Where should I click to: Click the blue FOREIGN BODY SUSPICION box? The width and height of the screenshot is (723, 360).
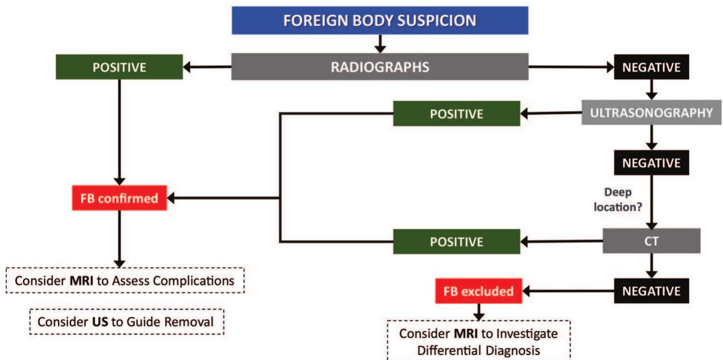click(380, 21)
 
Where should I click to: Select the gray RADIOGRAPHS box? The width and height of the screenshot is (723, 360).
click(380, 67)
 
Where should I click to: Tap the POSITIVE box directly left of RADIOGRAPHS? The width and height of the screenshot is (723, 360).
click(119, 67)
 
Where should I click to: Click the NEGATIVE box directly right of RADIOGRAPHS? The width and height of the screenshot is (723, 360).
click(651, 67)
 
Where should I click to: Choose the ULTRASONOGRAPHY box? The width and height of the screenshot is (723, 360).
click(651, 113)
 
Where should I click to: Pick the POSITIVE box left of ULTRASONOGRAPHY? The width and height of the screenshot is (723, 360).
click(456, 114)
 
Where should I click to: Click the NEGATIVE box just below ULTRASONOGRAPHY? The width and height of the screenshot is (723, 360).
click(651, 163)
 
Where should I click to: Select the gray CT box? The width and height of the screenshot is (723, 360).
click(651, 241)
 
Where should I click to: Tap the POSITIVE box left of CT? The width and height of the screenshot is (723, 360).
click(456, 242)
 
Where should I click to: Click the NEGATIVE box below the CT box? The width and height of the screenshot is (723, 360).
click(651, 291)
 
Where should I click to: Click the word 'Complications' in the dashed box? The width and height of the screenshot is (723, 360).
click(197, 280)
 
